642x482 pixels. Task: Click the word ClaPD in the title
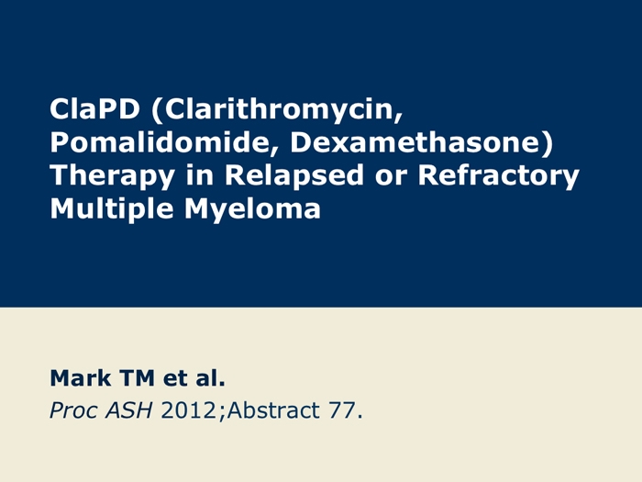click(x=94, y=109)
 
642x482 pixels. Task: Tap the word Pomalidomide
click(x=162, y=142)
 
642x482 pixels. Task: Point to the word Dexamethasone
click(x=417, y=142)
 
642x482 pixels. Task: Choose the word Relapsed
click(x=294, y=175)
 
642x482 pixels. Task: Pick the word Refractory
click(x=499, y=176)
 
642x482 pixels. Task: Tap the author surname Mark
click(x=81, y=378)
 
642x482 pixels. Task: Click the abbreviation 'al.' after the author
click(x=210, y=378)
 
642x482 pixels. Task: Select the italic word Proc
click(x=73, y=410)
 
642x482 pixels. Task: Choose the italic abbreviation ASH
click(x=128, y=410)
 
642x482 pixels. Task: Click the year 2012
click(x=189, y=410)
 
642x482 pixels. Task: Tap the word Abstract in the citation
click(x=273, y=410)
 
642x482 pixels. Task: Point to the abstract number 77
click(x=341, y=410)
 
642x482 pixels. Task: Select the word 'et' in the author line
click(x=175, y=378)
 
